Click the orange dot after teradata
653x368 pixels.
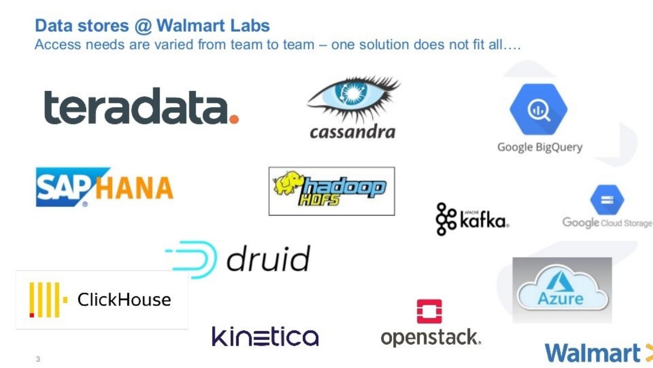pos(234,119)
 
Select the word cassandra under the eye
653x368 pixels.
pos(352,132)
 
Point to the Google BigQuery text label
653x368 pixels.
pos(540,147)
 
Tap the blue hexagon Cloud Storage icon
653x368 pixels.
pos(607,200)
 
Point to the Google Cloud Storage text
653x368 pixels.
pos(607,223)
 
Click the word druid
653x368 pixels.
pos(268,259)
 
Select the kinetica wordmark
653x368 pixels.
pos(265,337)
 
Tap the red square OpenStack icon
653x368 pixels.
pos(429,311)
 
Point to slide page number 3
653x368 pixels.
pos(38,359)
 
